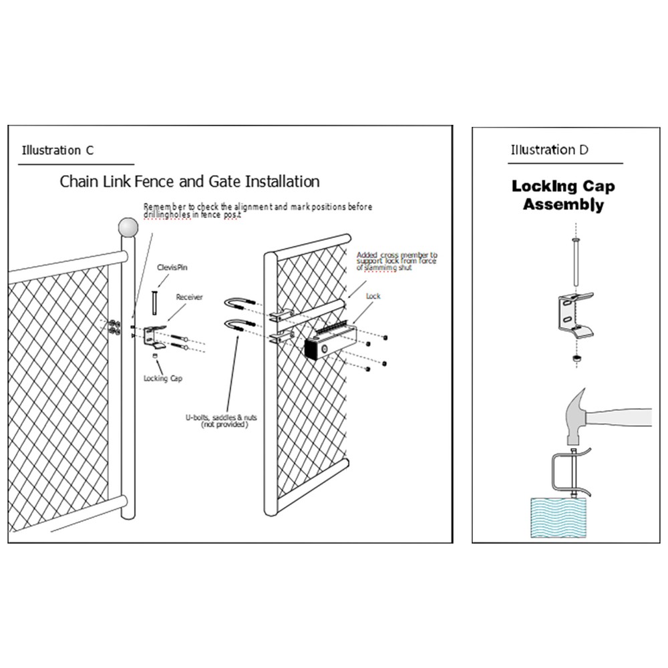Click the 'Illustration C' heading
click(57, 150)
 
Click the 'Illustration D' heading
click(549, 150)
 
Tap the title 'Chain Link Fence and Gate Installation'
click(190, 181)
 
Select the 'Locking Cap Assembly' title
click(563, 195)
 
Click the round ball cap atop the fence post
click(128, 228)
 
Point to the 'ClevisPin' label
click(170, 267)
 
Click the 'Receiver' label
click(189, 297)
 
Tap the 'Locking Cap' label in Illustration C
click(163, 379)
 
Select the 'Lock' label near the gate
click(373, 295)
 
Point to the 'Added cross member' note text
click(397, 261)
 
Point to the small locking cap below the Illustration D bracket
click(574, 359)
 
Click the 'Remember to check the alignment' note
click(258, 210)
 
